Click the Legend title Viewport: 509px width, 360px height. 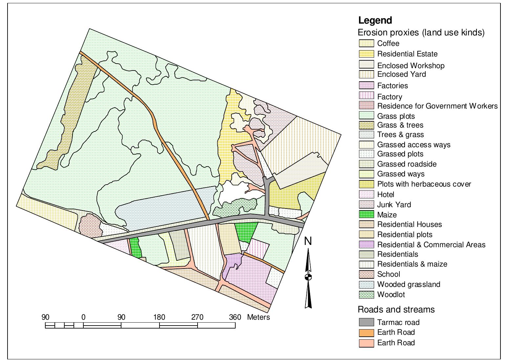(x=375, y=20)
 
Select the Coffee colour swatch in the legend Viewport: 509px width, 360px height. (x=366, y=43)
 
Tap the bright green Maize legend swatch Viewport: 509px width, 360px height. (x=366, y=215)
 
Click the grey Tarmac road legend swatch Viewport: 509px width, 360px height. (x=366, y=322)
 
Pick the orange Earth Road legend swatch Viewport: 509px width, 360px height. (x=366, y=332)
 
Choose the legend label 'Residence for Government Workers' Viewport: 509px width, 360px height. (x=437, y=106)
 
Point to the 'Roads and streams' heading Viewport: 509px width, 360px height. (x=396, y=310)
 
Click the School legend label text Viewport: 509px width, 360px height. (x=389, y=274)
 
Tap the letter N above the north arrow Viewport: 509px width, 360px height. (x=308, y=241)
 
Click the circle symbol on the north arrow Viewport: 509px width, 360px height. (x=308, y=277)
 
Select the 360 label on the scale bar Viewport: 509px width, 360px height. (x=235, y=317)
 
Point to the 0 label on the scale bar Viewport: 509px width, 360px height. (x=83, y=317)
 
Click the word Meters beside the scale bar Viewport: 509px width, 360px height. (x=258, y=317)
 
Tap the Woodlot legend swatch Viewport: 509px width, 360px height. (x=366, y=294)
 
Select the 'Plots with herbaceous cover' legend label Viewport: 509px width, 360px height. (x=424, y=184)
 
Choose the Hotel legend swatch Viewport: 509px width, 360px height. (x=366, y=194)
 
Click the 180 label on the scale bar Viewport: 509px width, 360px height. (x=159, y=317)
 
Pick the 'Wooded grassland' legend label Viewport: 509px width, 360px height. (x=409, y=284)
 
